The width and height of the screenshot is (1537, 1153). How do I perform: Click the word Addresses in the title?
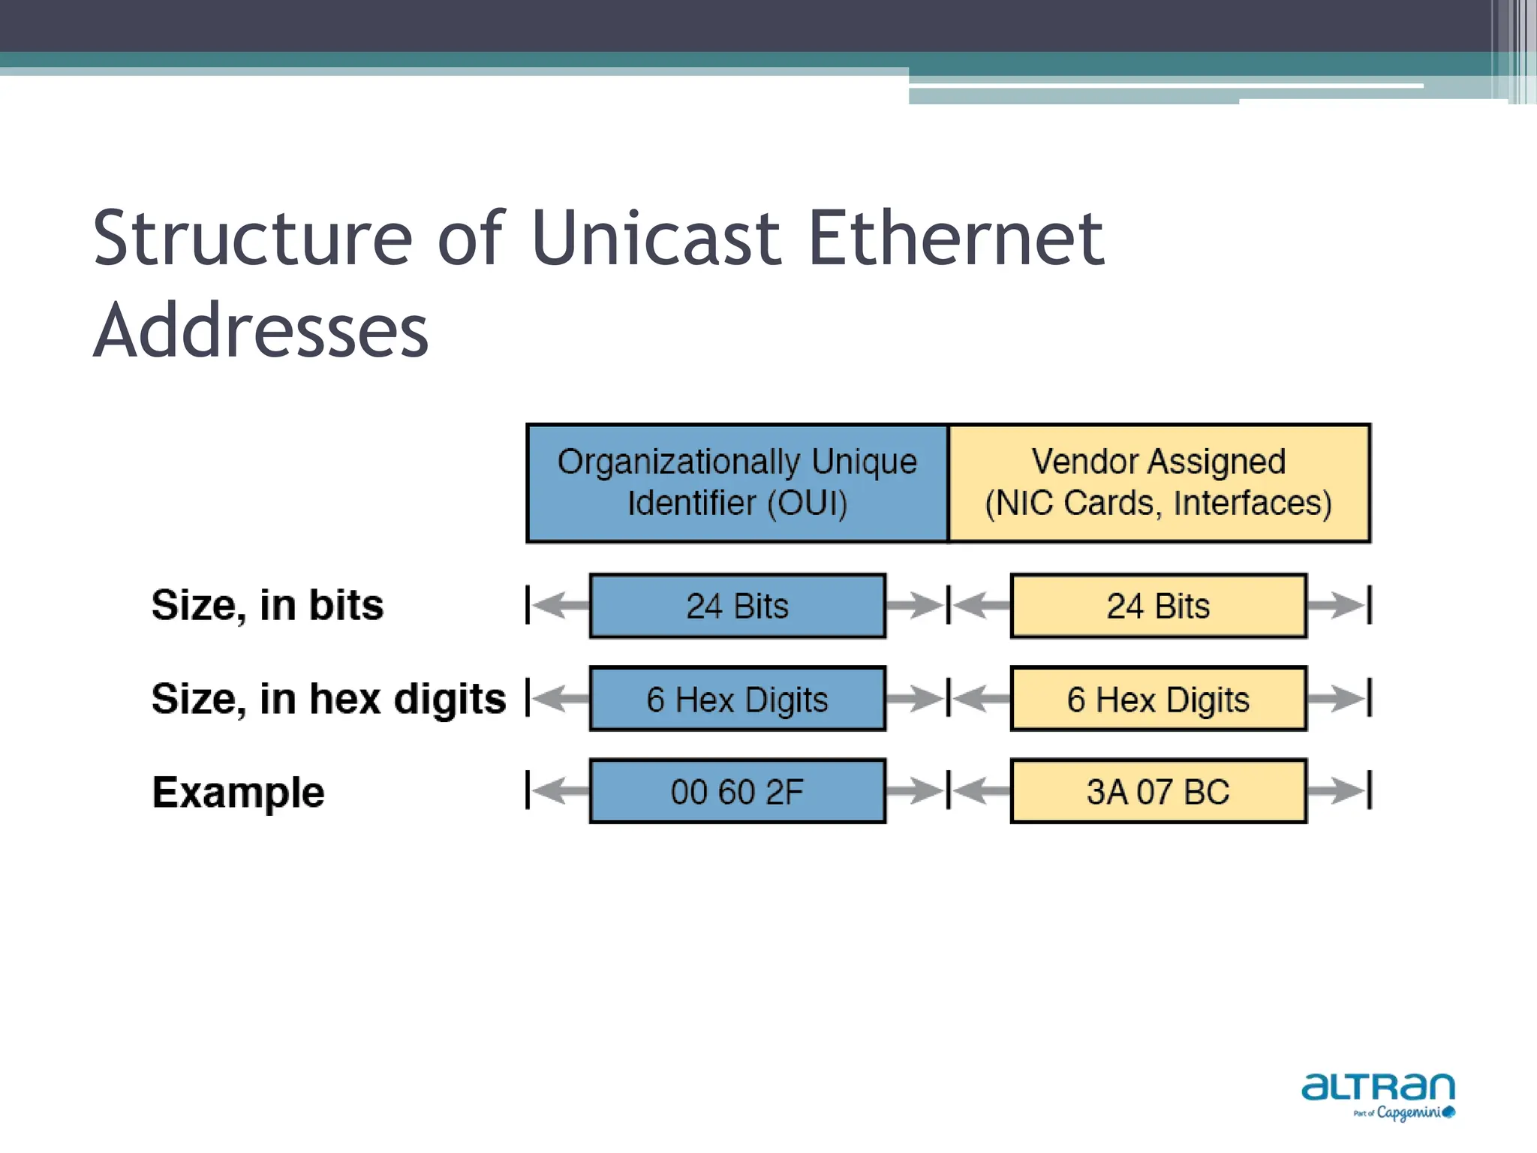click(260, 331)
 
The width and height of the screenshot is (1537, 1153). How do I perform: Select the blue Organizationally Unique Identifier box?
click(737, 483)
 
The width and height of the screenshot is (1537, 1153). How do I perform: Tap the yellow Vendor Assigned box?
click(1159, 483)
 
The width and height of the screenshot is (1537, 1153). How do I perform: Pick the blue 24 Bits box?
click(737, 606)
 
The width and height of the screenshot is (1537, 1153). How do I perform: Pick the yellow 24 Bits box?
click(1158, 606)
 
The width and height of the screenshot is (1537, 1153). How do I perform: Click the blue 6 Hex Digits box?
click(737, 699)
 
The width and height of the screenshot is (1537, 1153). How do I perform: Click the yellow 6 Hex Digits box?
click(1158, 699)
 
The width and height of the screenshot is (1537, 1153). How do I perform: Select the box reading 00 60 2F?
click(737, 791)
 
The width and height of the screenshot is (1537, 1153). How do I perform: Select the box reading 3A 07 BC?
click(1158, 791)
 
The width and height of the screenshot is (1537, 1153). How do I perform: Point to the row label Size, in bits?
click(267, 605)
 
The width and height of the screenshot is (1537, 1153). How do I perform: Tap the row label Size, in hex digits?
click(329, 699)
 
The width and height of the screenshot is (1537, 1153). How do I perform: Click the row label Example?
click(238, 792)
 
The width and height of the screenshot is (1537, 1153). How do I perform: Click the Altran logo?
click(1378, 1087)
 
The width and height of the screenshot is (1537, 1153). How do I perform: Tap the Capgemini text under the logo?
click(1408, 1113)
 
